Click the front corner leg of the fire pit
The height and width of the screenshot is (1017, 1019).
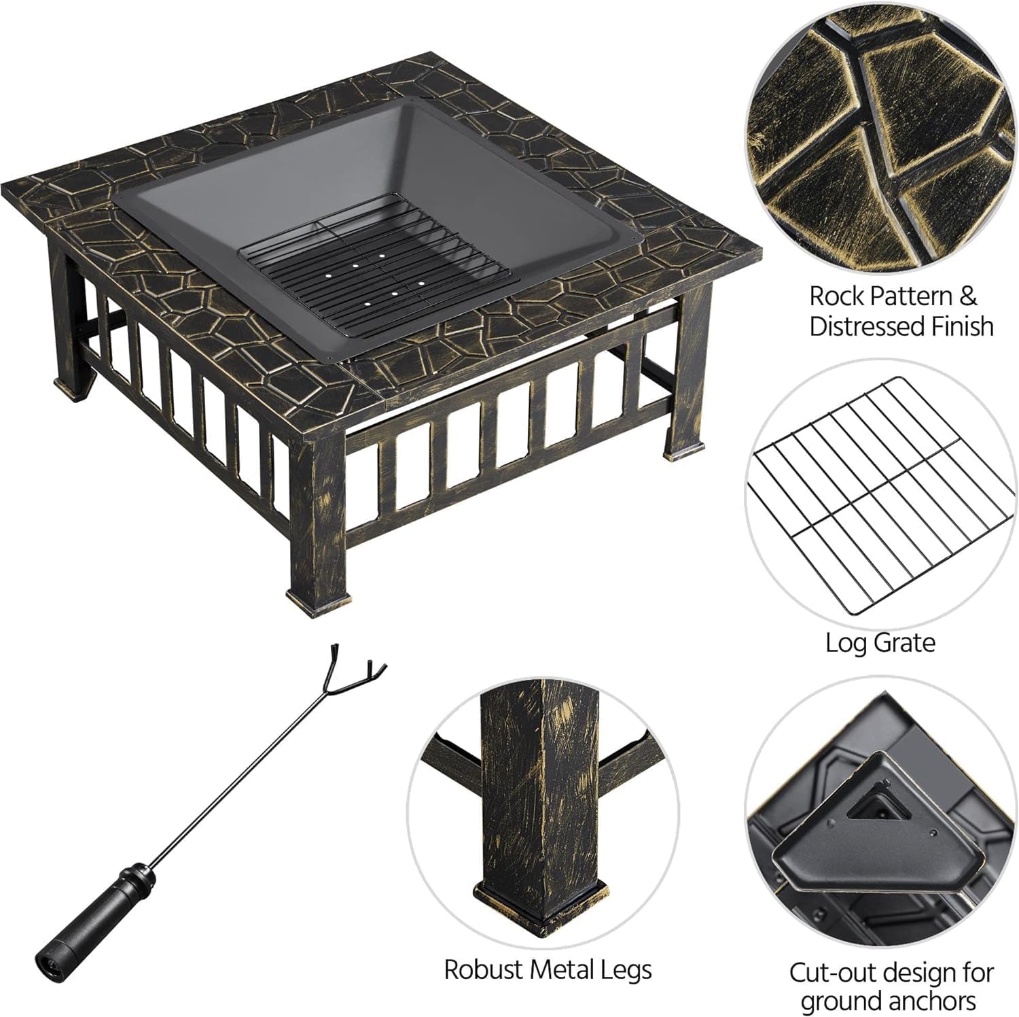click(318, 517)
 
